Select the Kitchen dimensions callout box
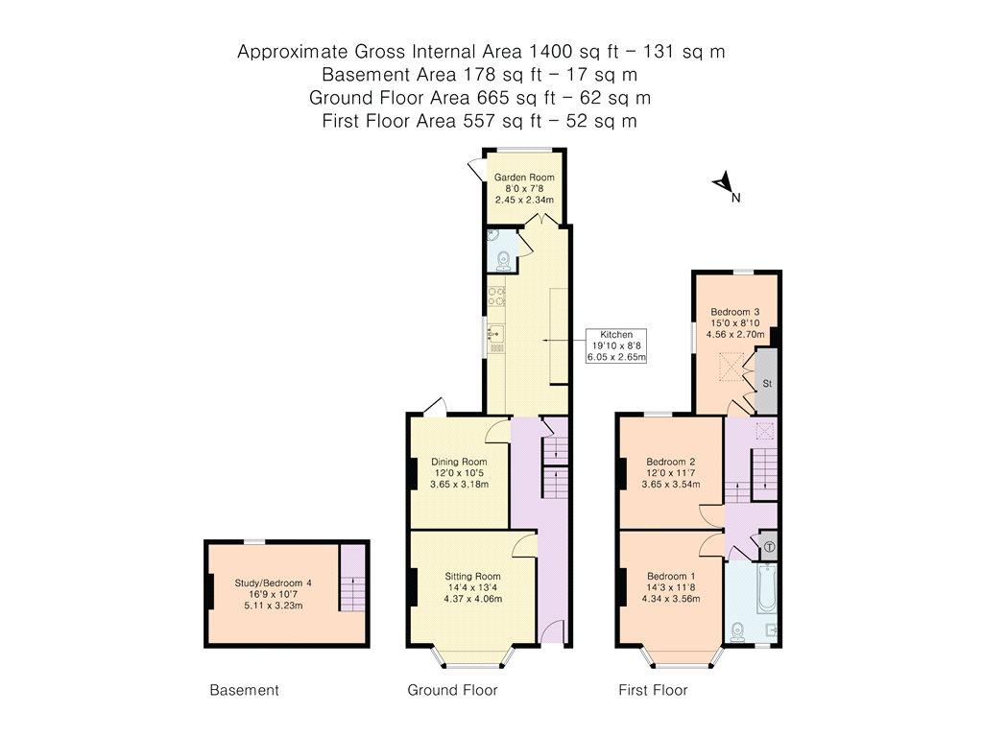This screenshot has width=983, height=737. click(x=616, y=345)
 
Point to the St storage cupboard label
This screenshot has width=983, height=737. click(x=767, y=383)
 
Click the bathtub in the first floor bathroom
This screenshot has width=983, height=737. click(x=767, y=588)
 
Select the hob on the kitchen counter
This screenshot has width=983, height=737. click(x=496, y=297)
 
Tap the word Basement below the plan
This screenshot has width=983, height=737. click(x=244, y=690)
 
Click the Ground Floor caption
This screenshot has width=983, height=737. click(x=453, y=690)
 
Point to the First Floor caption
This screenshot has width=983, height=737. click(x=653, y=690)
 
